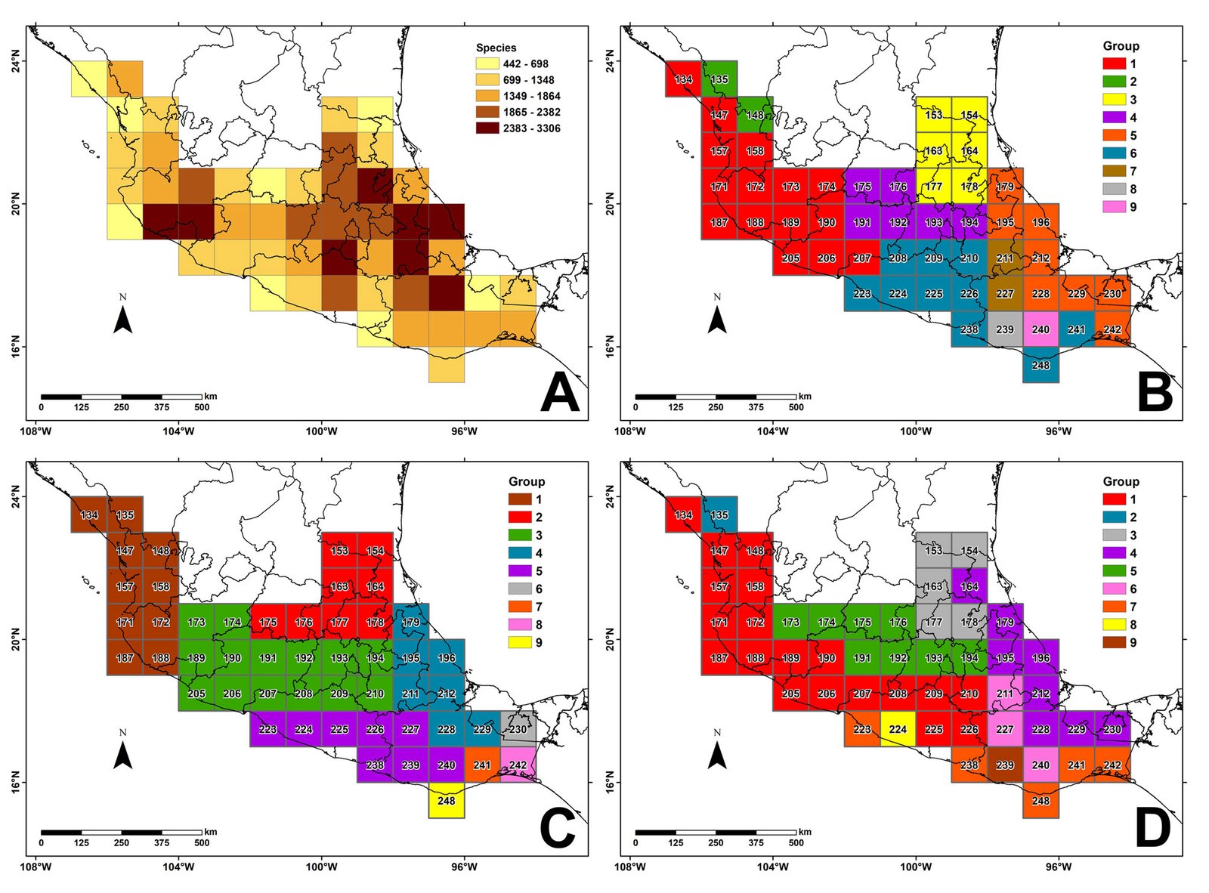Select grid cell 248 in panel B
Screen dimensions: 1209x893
pyautogui.click(x=1040, y=365)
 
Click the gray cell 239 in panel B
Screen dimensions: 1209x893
pyautogui.click(x=1004, y=329)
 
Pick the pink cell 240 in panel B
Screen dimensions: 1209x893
pyautogui.click(x=1040, y=329)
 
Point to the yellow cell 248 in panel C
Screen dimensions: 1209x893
pyautogui.click(x=447, y=800)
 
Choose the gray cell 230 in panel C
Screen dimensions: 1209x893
pyautogui.click(x=518, y=729)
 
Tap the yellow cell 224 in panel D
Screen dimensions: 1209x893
pyautogui.click(x=898, y=729)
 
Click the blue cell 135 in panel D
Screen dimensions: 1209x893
pyautogui.click(x=719, y=514)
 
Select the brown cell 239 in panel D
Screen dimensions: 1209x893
pyautogui.click(x=1004, y=765)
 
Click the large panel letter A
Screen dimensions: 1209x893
pyautogui.click(x=560, y=393)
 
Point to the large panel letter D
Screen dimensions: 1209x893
pyautogui.click(x=1153, y=829)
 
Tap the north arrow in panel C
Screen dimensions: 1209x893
pyautogui.click(x=122, y=755)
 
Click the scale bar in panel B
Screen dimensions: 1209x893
pyautogui.click(x=716, y=397)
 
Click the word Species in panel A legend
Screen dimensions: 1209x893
pyautogui.click(x=496, y=48)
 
